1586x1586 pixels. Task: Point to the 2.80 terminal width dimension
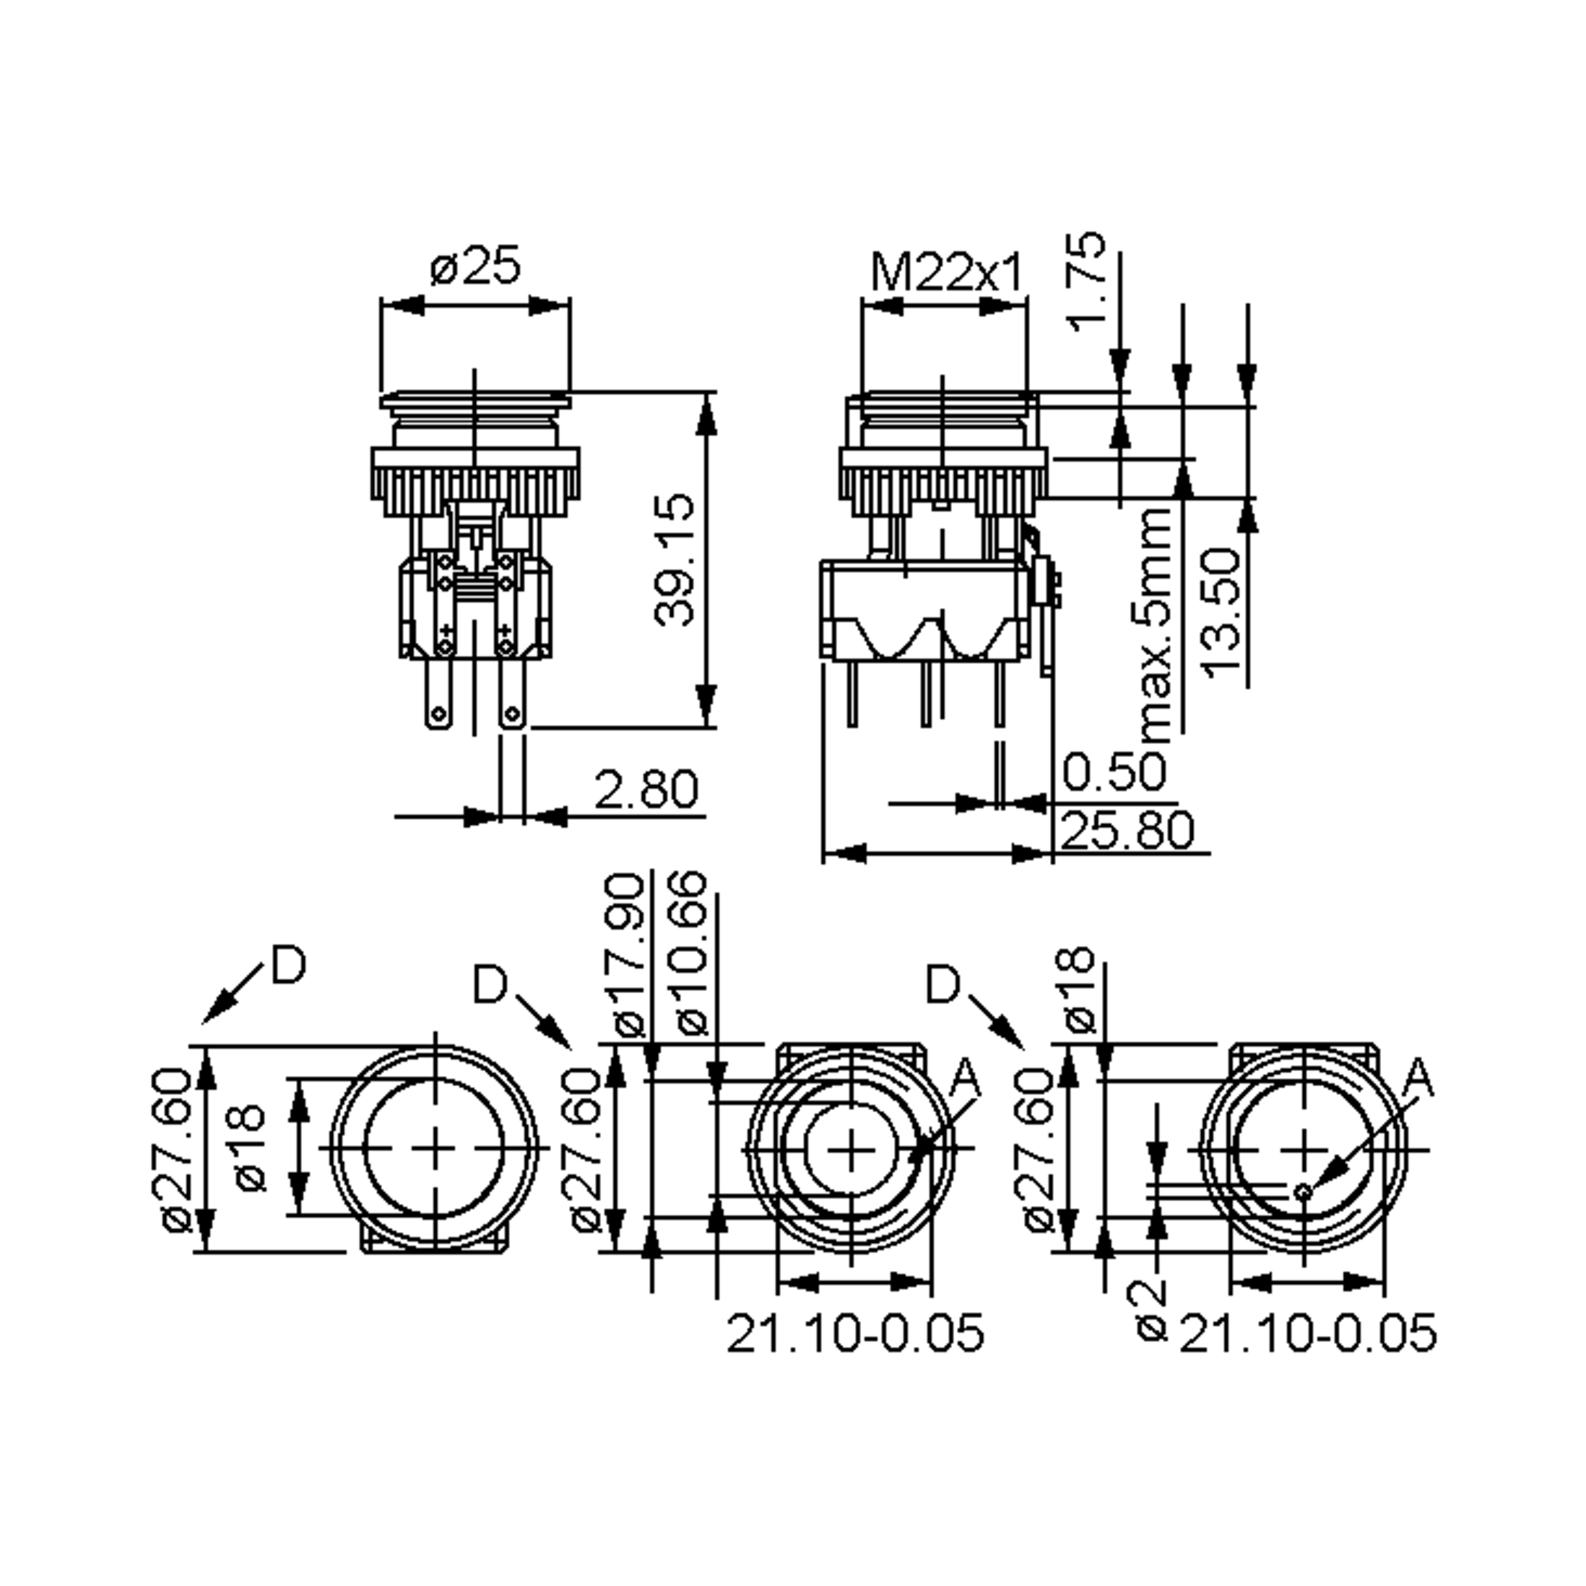pyautogui.click(x=645, y=789)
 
